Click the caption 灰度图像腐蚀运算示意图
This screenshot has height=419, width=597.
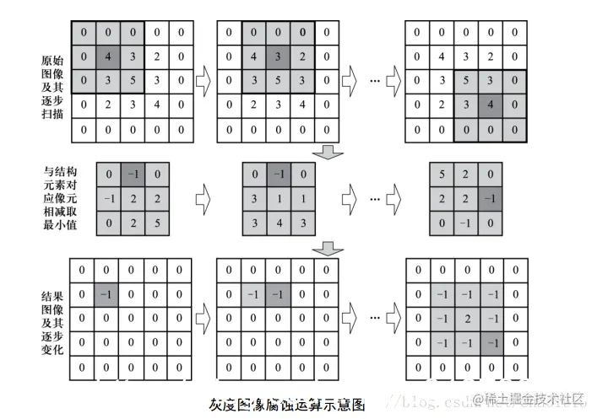(286, 404)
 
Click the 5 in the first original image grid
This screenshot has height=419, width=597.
(131, 82)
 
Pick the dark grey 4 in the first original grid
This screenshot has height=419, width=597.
(106, 58)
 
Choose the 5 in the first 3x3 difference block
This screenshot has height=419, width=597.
(156, 223)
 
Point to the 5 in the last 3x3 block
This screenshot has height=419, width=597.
(442, 175)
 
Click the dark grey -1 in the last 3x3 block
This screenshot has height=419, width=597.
(491, 200)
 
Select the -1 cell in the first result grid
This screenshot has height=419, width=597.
(106, 294)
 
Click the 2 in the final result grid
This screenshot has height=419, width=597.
(466, 319)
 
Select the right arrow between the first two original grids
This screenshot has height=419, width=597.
(204, 82)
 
